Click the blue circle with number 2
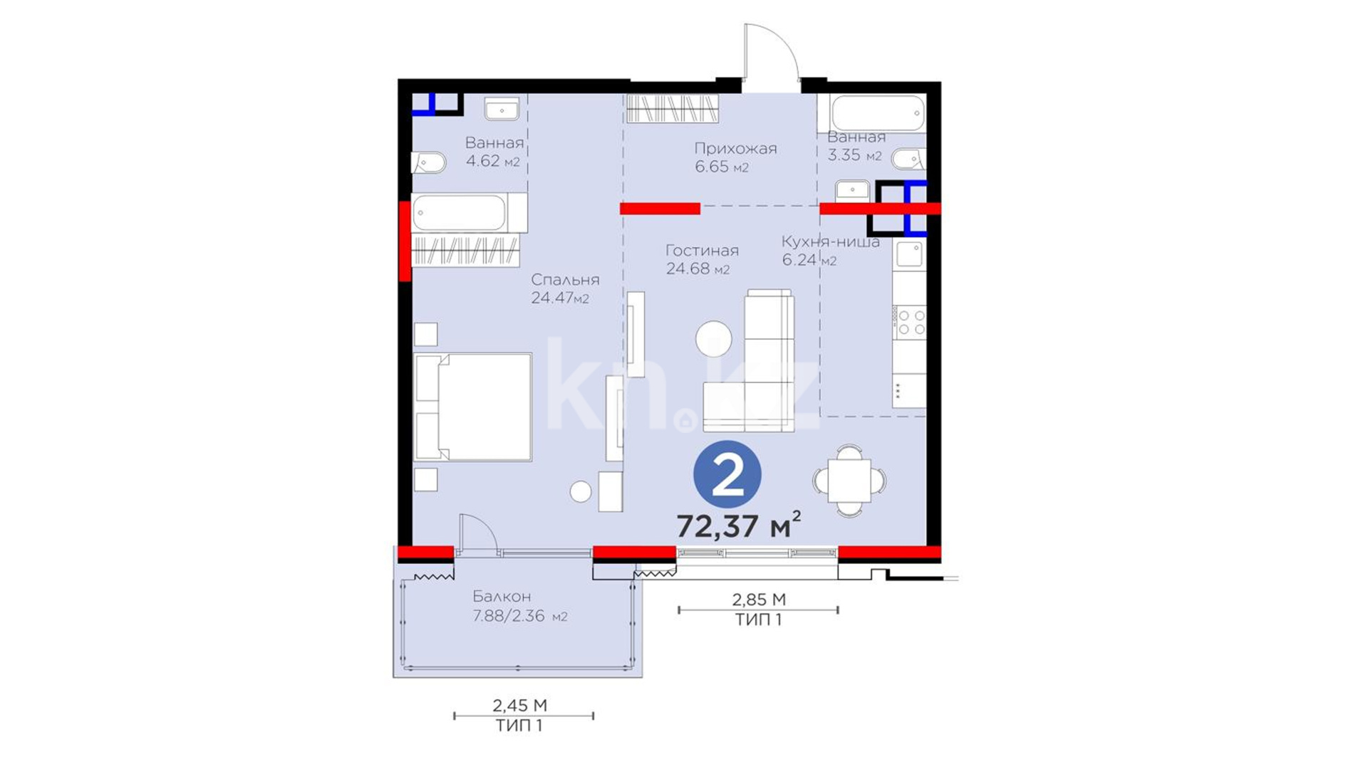point(727,475)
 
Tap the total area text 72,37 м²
point(738,525)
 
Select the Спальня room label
point(565,280)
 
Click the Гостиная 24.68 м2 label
point(702,259)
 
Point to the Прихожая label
point(735,149)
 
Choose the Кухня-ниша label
point(831,241)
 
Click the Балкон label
point(502,597)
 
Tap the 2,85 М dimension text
point(759,600)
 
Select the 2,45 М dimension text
point(519,706)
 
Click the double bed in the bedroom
point(473,407)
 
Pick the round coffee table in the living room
point(713,339)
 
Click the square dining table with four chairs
point(849,481)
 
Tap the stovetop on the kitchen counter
point(911,322)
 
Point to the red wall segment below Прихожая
point(660,209)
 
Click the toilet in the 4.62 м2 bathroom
point(429,162)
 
